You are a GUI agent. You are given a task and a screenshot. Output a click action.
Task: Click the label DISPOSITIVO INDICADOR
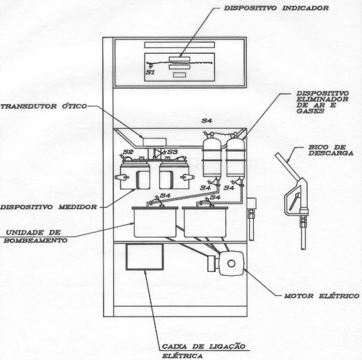(277, 8)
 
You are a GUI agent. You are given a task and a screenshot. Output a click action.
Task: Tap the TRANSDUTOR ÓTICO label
(43, 106)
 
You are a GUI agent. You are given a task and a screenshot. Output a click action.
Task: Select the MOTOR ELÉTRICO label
(322, 296)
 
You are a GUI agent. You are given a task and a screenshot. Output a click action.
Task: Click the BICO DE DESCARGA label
(331, 150)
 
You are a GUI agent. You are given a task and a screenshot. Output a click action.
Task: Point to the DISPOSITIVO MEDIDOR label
(49, 207)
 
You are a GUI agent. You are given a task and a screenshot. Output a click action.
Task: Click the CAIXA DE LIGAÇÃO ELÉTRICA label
(203, 351)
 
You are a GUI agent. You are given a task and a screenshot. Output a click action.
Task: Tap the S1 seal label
(150, 73)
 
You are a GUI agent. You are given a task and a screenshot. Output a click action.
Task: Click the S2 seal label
(128, 152)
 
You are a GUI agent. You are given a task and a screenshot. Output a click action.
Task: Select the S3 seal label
(172, 152)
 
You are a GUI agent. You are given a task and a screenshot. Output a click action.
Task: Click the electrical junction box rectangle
(145, 257)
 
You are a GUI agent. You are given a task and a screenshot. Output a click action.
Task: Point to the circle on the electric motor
(231, 264)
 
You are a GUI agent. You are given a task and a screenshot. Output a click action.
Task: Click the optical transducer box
(155, 142)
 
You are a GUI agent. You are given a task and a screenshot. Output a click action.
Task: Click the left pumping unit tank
(155, 222)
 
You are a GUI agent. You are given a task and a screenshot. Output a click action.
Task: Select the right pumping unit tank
(205, 222)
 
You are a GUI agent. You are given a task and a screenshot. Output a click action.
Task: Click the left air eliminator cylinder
(212, 157)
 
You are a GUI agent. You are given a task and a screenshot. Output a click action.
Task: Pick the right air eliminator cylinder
(236, 157)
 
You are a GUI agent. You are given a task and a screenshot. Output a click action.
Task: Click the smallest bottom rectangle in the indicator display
(179, 75)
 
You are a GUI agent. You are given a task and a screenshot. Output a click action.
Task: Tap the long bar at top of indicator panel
(179, 45)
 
